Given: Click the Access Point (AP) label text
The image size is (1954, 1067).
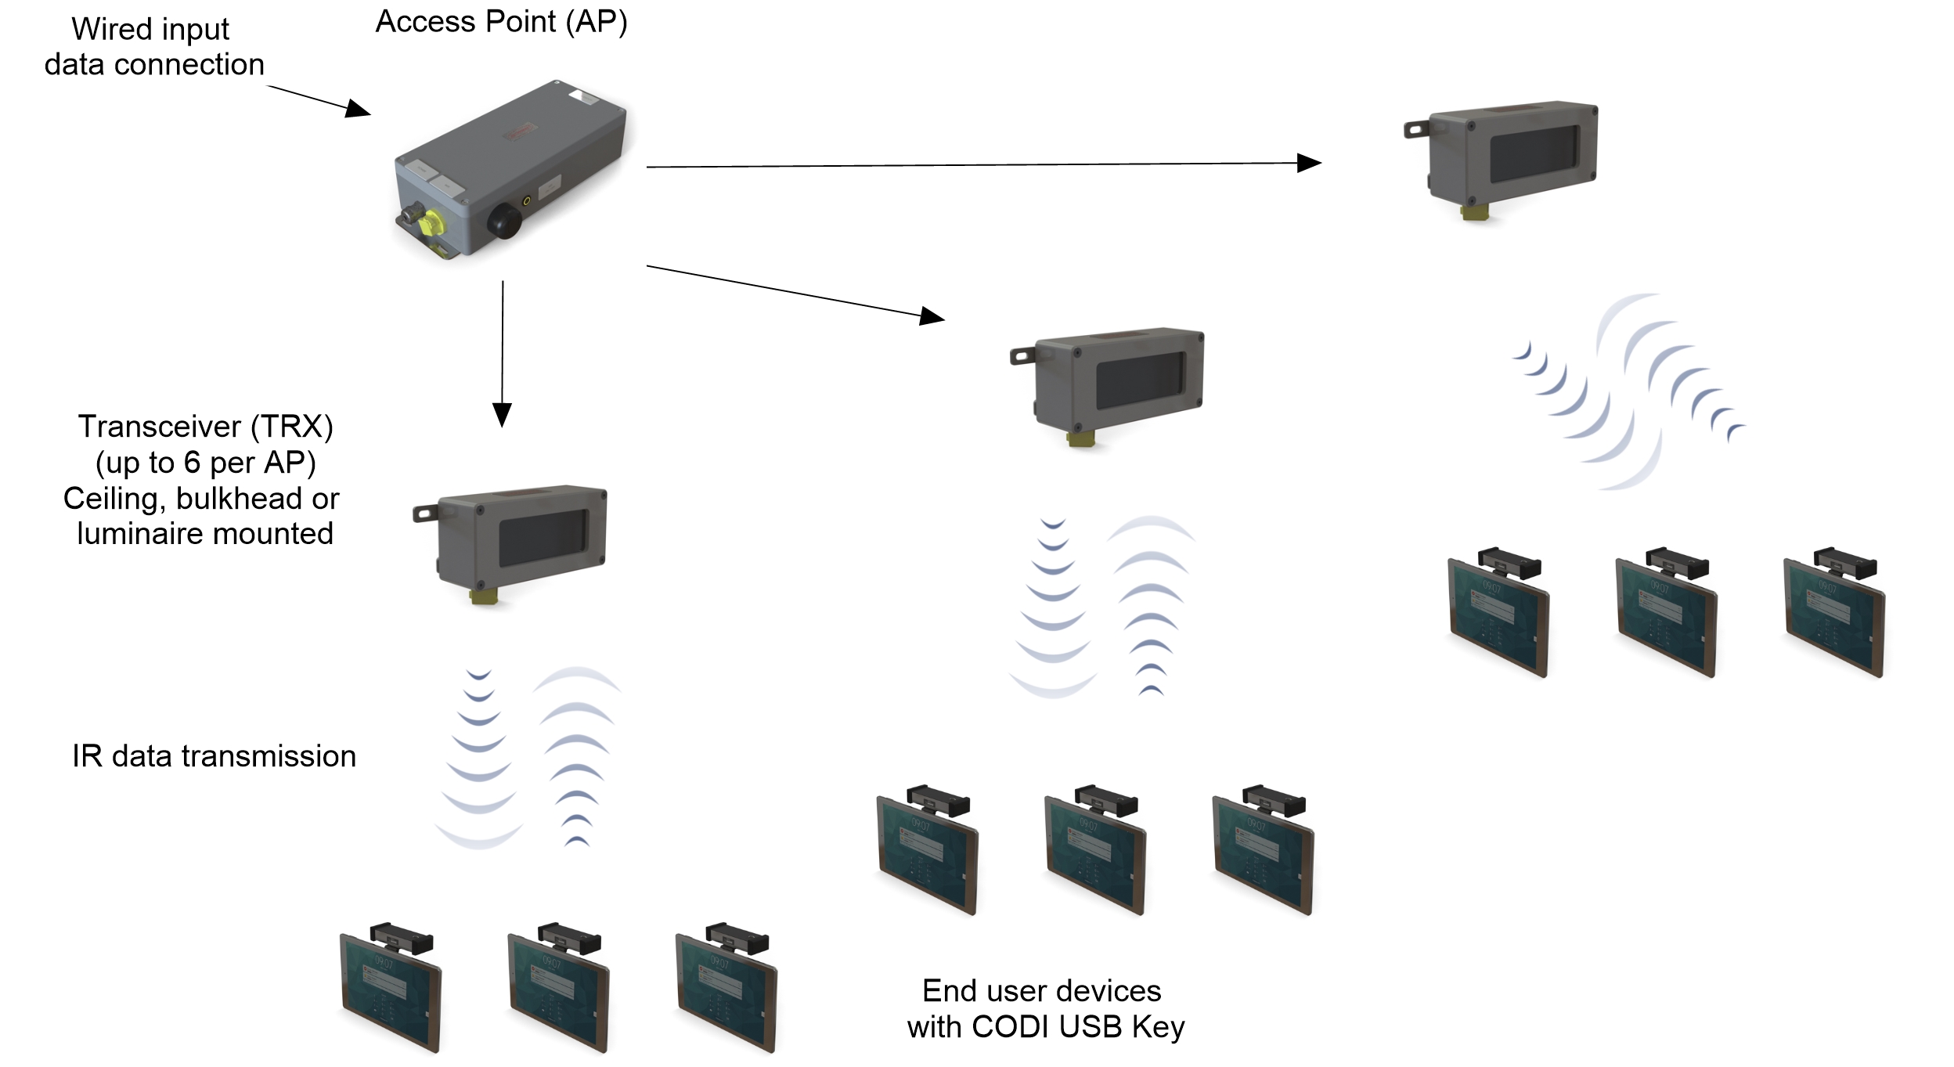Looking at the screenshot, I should coord(501,22).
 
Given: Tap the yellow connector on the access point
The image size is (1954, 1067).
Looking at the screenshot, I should coord(427,223).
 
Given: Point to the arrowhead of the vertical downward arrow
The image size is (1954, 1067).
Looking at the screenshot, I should coord(502,414).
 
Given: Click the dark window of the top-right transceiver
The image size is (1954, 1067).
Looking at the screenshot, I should coord(1534,154).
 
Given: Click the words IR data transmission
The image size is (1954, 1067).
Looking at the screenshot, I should coord(214,756).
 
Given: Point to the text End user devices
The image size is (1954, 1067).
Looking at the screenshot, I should coord(1041,991).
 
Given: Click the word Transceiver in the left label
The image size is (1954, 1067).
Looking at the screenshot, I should coord(160,427).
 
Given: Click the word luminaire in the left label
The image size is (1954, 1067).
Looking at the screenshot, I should coord(139,534).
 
